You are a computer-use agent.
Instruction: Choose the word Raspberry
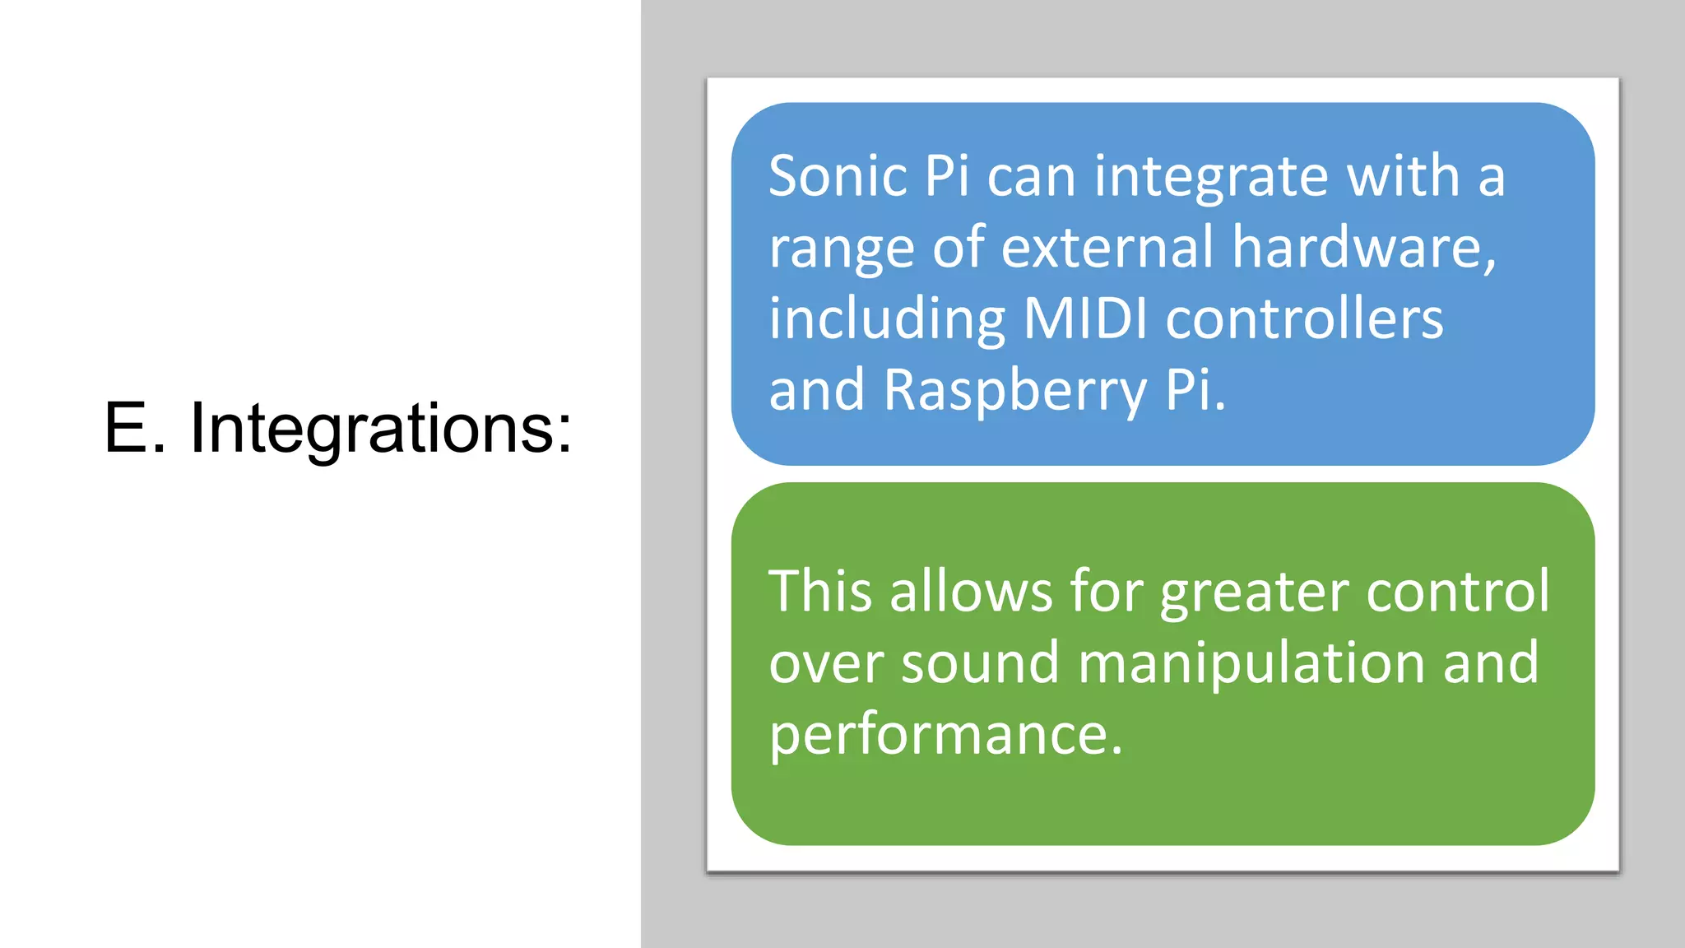(x=1014, y=390)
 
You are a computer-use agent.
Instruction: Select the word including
(x=886, y=321)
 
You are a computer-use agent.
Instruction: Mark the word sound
(x=980, y=663)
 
